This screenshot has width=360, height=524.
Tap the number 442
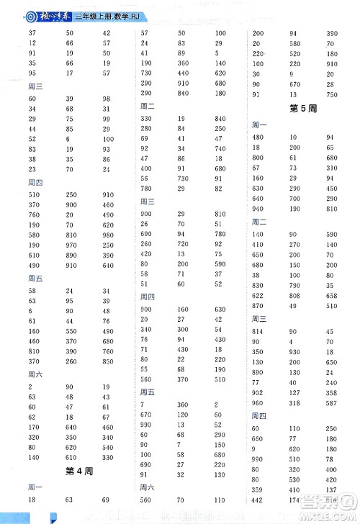[258, 500]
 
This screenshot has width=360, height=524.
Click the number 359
[258, 489]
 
